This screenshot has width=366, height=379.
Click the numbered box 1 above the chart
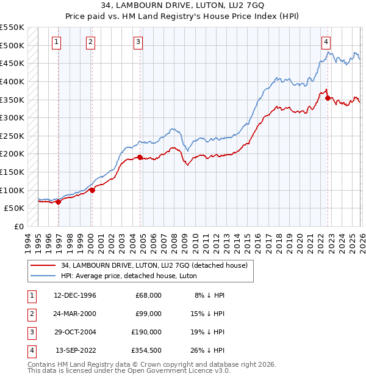click(56, 42)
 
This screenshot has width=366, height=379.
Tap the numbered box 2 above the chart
click(90, 42)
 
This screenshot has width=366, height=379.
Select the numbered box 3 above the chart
click(138, 42)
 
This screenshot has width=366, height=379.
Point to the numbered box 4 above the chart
click(326, 42)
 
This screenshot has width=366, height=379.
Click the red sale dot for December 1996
click(59, 202)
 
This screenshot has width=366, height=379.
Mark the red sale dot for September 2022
click(328, 98)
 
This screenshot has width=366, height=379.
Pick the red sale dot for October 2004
click(140, 157)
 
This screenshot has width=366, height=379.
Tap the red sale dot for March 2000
click(93, 190)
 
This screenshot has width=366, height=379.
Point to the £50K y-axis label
click(14, 208)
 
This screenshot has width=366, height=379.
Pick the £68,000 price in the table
click(148, 295)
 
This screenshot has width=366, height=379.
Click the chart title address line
click(183, 6)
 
